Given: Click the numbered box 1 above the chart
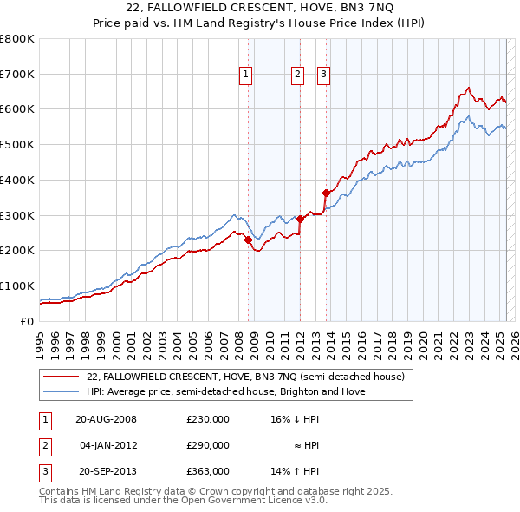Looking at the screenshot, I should pyautogui.click(x=246, y=75).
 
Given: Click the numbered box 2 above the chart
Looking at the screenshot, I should pyautogui.click(x=297, y=75).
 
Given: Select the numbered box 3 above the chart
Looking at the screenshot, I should pyautogui.click(x=323, y=75).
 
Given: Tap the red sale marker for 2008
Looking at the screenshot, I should pyautogui.click(x=248, y=240).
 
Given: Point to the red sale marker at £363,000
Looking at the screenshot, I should pyautogui.click(x=326, y=193).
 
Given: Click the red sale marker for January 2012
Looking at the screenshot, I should pyautogui.click(x=300, y=219).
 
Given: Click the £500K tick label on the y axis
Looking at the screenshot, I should pyautogui.click(x=17, y=144).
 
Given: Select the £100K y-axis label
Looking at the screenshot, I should pyautogui.click(x=17, y=286).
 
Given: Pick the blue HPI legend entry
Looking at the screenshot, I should pyautogui.click(x=225, y=391).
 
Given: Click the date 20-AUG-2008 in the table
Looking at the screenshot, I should pyautogui.click(x=107, y=419).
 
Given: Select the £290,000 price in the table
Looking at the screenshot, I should pyautogui.click(x=208, y=445).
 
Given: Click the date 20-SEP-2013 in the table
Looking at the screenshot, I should pyautogui.click(x=107, y=471).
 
